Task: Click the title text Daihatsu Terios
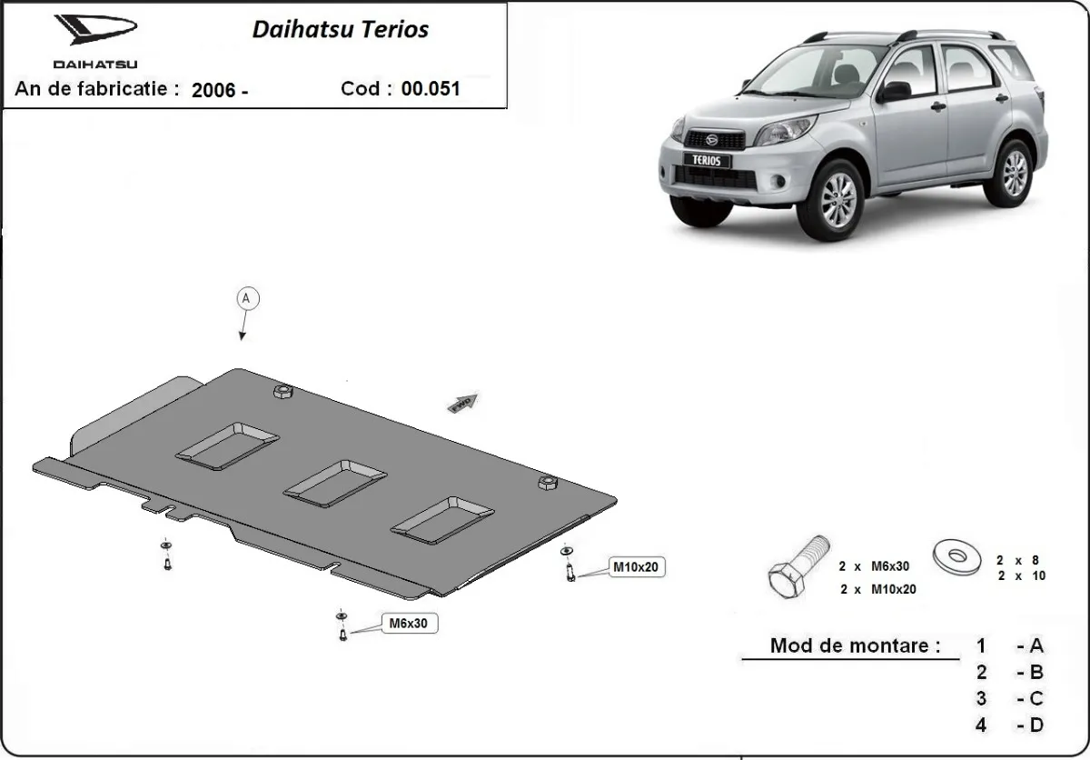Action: (340, 29)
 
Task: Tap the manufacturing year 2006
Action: (214, 90)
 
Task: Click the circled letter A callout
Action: (246, 298)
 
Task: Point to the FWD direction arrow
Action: (462, 404)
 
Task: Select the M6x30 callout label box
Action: (408, 624)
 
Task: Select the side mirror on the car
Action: (895, 91)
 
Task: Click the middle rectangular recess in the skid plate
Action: (335, 482)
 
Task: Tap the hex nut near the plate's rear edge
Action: (281, 391)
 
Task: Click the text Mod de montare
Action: (855, 646)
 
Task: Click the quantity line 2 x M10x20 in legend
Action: (878, 589)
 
